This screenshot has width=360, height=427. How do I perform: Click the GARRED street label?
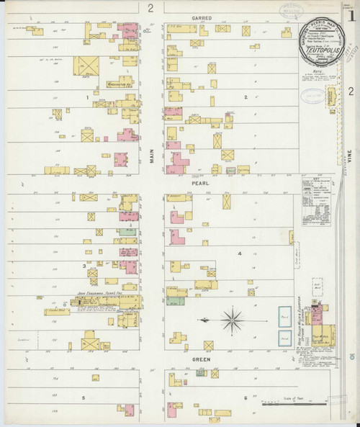(x=201, y=17)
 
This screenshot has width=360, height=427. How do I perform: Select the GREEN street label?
(x=201, y=359)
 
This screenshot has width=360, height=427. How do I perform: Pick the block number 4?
(x=239, y=253)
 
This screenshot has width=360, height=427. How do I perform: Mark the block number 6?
(x=245, y=397)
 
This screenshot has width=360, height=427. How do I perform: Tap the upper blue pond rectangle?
(x=285, y=315)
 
